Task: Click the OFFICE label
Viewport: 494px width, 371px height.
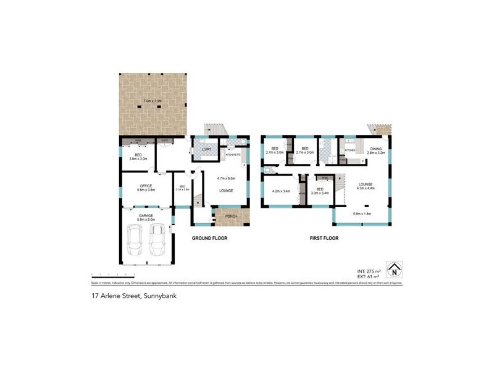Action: click(146, 185)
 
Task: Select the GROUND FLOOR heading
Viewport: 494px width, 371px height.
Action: click(211, 238)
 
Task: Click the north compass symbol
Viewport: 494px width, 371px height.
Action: click(393, 270)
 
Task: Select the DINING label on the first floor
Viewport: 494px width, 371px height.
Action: click(376, 149)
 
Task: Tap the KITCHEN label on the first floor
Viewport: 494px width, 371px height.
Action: click(350, 150)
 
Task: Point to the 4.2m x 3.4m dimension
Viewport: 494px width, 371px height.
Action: click(281, 191)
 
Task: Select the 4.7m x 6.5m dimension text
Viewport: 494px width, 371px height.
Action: click(226, 178)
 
